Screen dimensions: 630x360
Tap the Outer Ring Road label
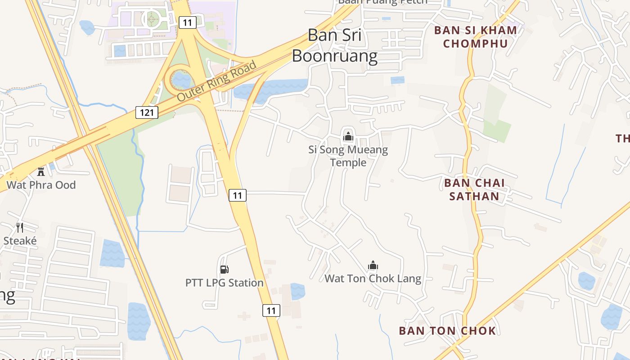(x=216, y=81)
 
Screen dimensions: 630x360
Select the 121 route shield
(x=147, y=112)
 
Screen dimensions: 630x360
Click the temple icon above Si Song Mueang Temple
(x=348, y=135)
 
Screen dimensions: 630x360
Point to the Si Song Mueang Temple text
(x=348, y=156)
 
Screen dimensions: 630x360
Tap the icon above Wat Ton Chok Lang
(x=373, y=265)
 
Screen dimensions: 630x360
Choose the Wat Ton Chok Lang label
(x=373, y=279)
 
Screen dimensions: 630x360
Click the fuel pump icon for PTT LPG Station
(x=224, y=269)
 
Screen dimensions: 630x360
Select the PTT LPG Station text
(x=224, y=283)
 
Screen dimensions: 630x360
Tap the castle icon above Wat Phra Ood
(x=41, y=171)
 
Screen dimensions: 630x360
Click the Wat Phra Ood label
(x=41, y=184)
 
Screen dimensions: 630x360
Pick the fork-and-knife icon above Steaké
(x=20, y=227)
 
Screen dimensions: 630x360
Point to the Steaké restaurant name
(x=20, y=241)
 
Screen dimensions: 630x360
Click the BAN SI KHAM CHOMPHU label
(x=475, y=37)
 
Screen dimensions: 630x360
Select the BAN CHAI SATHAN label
(x=474, y=189)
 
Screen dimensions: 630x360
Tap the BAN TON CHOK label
(x=447, y=331)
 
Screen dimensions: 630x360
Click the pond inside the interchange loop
(x=181, y=80)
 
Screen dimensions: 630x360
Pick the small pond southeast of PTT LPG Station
(x=297, y=291)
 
